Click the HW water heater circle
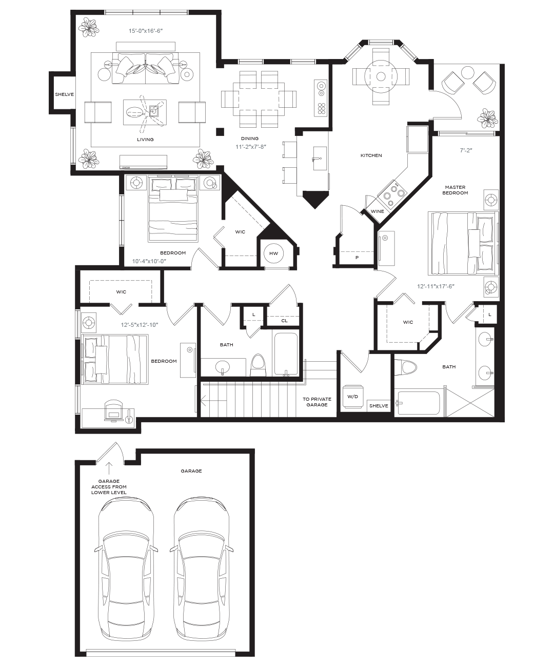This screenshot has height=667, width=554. coord(273,253)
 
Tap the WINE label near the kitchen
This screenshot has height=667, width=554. coord(377,211)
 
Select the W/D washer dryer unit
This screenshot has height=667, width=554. coord(352,397)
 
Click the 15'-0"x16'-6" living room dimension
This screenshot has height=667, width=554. coord(146,31)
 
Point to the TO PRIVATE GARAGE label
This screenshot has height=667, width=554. coord(316,402)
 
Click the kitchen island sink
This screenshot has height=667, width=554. coord(320,159)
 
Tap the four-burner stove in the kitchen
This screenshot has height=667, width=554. coord(392,193)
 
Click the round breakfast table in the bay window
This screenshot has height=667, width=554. coord(380,76)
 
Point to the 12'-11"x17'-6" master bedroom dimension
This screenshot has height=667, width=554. coord(436,286)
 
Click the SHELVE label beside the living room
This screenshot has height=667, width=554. coord(65,94)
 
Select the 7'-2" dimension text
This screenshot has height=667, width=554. coord(466,150)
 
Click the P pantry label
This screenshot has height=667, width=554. coord(357,258)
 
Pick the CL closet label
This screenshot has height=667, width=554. coord(284,321)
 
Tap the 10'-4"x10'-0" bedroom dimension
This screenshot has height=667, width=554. coord(149,261)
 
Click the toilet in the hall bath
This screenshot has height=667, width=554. coord(258,365)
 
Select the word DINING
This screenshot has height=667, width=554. coord(250,139)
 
